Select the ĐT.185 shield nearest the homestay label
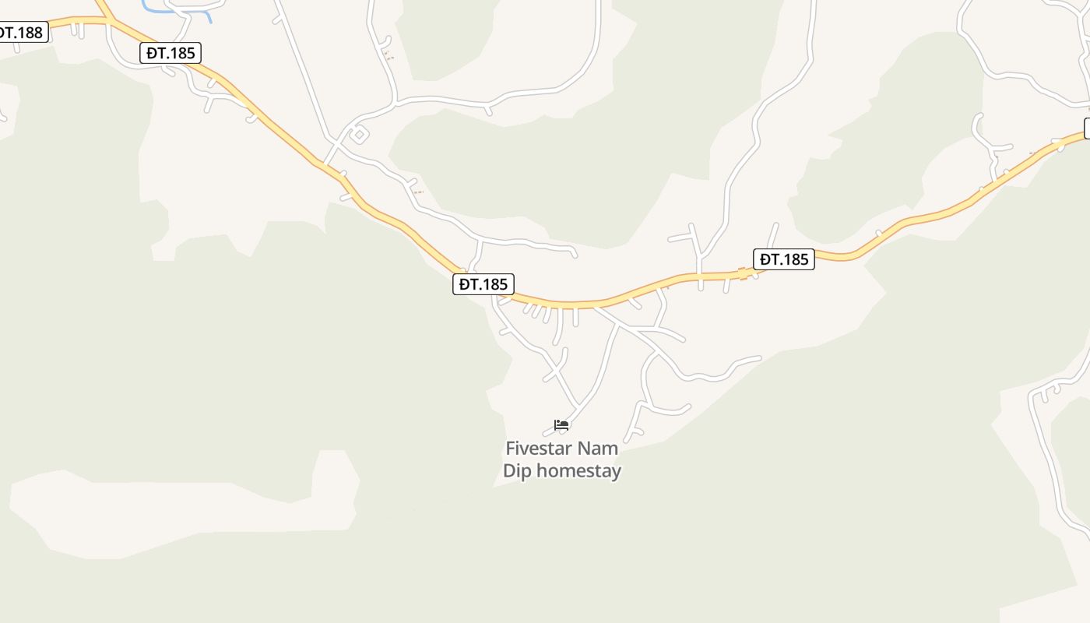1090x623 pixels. point(483,284)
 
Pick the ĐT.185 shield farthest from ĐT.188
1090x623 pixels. point(783,259)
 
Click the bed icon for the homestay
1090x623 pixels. point(561,425)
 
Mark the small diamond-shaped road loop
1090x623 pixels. point(358,135)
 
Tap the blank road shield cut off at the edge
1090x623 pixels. point(1087,128)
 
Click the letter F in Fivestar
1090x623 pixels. point(511,449)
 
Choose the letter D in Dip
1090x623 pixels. point(509,471)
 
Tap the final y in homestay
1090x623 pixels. point(616,473)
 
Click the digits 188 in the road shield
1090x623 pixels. point(30,32)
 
